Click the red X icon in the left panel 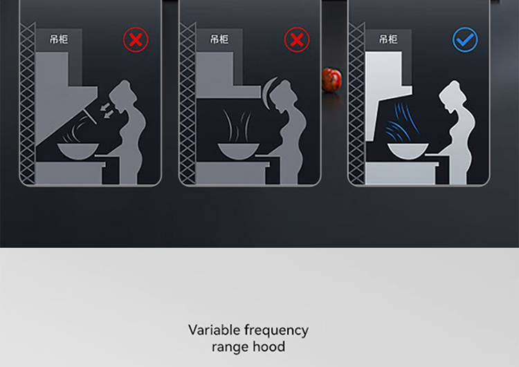click(136, 39)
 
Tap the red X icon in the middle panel click(297, 39)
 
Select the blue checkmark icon click(465, 39)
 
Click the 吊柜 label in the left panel click(59, 39)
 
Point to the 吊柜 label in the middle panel click(219, 39)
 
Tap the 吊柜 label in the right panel click(388, 39)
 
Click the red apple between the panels click(331, 79)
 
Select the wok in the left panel click(78, 151)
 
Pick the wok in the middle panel click(238, 151)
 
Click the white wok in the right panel click(408, 151)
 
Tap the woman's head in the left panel click(122, 93)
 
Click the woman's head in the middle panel click(283, 93)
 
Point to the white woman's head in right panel click(452, 93)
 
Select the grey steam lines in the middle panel click(237, 126)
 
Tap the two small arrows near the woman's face click(107, 111)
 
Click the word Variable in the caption click(214, 330)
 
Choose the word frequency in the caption click(276, 330)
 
